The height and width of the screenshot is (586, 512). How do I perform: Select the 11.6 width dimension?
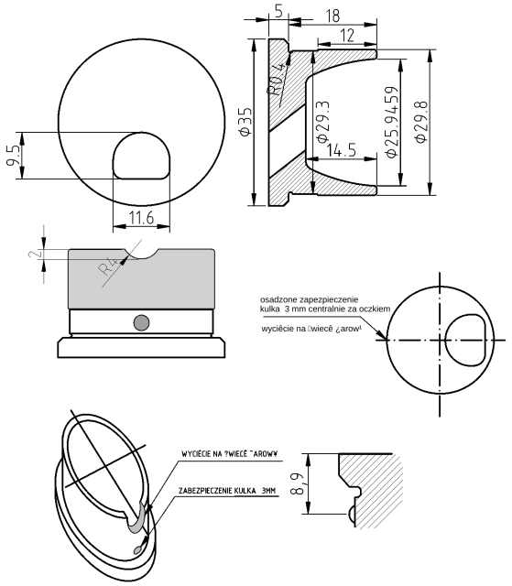(x=140, y=218)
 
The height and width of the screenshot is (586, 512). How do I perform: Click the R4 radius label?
(x=110, y=267)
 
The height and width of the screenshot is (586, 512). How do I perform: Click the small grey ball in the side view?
(x=140, y=321)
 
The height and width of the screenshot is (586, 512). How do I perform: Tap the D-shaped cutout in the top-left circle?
(x=140, y=156)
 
